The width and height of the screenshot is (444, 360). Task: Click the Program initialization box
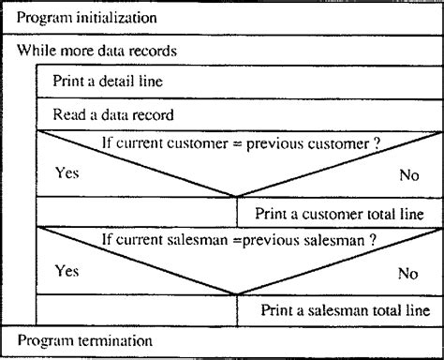pos(222,18)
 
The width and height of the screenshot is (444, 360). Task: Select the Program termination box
pos(222,339)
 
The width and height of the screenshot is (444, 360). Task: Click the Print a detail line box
pos(239,82)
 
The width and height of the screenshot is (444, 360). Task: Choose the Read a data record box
pos(239,114)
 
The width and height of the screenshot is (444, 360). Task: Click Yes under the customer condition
pos(67,174)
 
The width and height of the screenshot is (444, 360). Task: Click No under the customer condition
pos(407,175)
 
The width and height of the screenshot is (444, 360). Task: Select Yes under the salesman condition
pos(67,272)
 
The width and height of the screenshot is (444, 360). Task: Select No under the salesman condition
pos(407,274)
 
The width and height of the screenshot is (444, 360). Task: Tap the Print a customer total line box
pos(339,213)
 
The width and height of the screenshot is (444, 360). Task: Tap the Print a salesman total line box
pos(339,309)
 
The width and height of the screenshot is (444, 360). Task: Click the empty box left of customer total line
pos(136,213)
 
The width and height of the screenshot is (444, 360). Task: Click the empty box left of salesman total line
pos(136,309)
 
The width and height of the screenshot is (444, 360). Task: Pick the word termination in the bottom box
pos(112,339)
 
